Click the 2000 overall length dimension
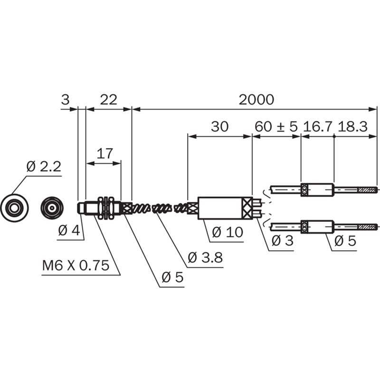[x=256, y=100]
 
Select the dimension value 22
[x=109, y=100]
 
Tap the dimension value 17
[x=104, y=153]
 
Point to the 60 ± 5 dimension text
[x=276, y=126]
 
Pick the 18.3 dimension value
[x=353, y=126]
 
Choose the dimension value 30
[x=219, y=126]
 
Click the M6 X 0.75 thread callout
[x=76, y=266]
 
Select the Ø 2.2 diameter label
[x=44, y=167]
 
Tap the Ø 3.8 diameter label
[x=205, y=257]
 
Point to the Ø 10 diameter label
[x=228, y=232]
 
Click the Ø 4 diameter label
[x=69, y=230]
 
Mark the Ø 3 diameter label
[x=283, y=241]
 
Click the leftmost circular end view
[x=14, y=208]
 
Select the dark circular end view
[x=52, y=208]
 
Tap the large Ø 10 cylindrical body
[x=225, y=208]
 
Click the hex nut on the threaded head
[x=106, y=208]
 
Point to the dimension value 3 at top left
[x=65, y=100]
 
